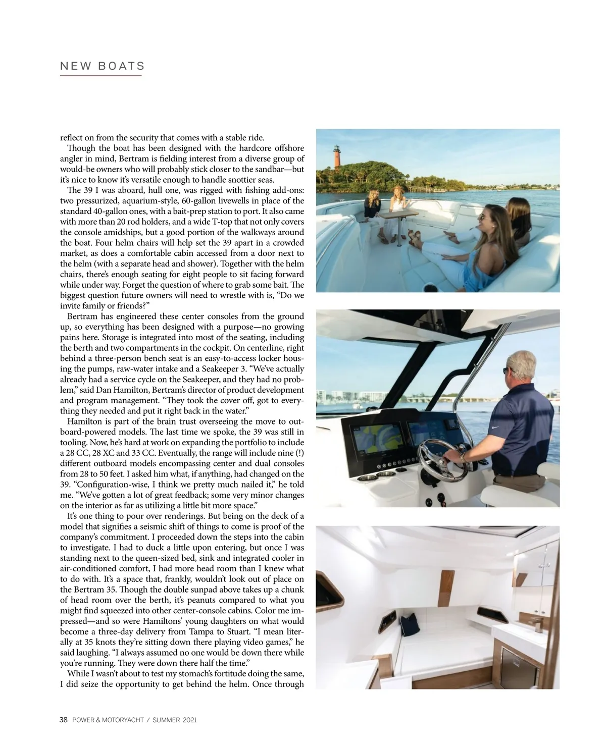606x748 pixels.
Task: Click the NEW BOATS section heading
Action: point(102,66)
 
